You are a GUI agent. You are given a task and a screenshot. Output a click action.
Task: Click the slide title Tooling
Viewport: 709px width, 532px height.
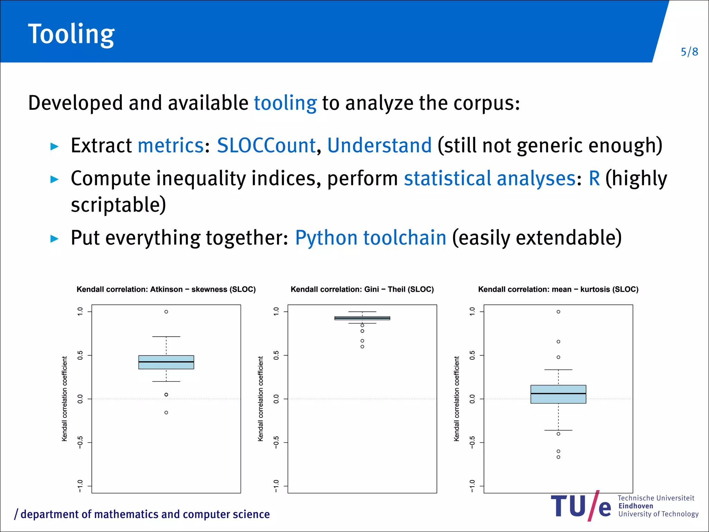(x=71, y=34)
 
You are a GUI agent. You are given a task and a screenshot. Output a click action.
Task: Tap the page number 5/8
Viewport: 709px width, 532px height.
(x=689, y=52)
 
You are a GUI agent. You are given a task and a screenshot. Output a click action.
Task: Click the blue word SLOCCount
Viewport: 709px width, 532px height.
(x=266, y=145)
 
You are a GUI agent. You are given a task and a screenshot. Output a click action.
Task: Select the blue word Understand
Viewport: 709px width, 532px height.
(x=379, y=145)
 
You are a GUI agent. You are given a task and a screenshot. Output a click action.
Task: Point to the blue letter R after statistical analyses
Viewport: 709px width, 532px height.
(x=594, y=178)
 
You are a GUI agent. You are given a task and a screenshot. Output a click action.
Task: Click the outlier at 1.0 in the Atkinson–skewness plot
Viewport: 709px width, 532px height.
(x=166, y=312)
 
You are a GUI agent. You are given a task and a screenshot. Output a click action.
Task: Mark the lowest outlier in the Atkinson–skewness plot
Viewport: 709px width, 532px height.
(x=166, y=413)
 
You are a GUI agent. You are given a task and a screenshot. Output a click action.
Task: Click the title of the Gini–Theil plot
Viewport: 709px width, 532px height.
(x=362, y=289)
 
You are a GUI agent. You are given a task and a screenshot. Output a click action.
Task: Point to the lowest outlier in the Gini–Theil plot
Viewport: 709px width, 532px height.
(x=362, y=346)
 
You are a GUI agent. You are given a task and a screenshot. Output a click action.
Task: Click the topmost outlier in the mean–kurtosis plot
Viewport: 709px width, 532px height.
(x=558, y=312)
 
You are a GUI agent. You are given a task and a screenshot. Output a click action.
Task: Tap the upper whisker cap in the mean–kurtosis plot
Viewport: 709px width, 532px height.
(x=558, y=370)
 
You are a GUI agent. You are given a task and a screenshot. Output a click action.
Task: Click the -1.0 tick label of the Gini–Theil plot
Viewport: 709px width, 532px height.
(x=276, y=486)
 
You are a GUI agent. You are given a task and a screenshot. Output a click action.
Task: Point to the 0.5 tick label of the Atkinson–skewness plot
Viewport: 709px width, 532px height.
(x=80, y=355)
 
